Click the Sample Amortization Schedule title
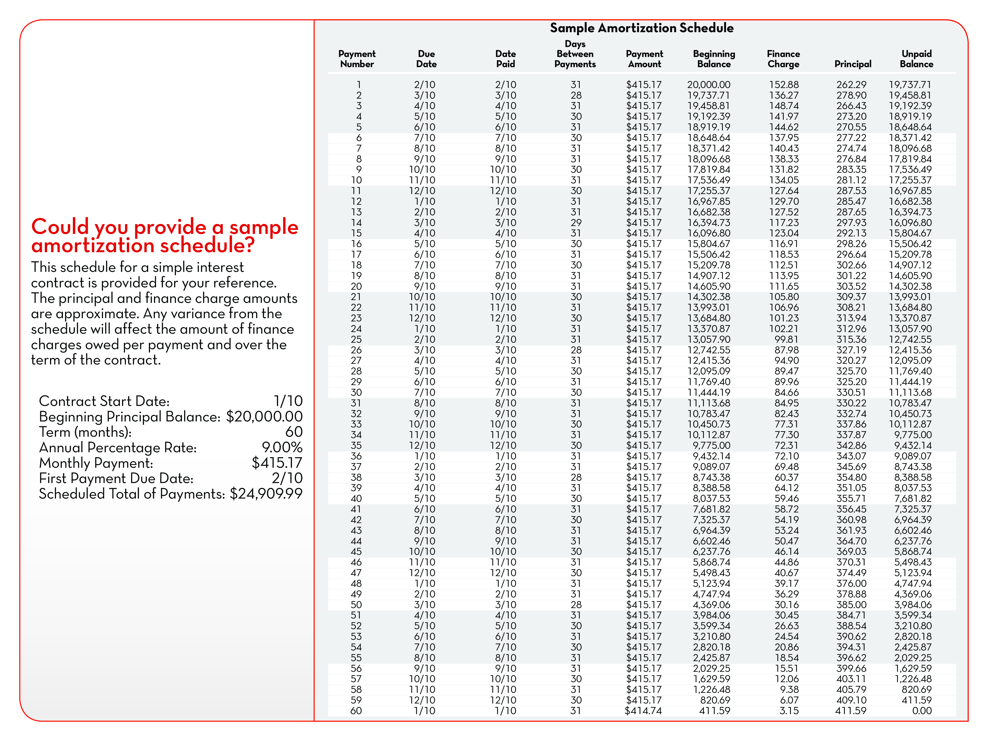tap(641, 28)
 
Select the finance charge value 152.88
tap(784, 85)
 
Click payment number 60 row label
tap(356, 711)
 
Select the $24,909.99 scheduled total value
tap(266, 494)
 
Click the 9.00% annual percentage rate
tap(282, 448)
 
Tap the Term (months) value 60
tap(294, 432)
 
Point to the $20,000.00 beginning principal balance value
tap(264, 417)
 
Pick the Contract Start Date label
tap(104, 401)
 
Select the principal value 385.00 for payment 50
tap(851, 605)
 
